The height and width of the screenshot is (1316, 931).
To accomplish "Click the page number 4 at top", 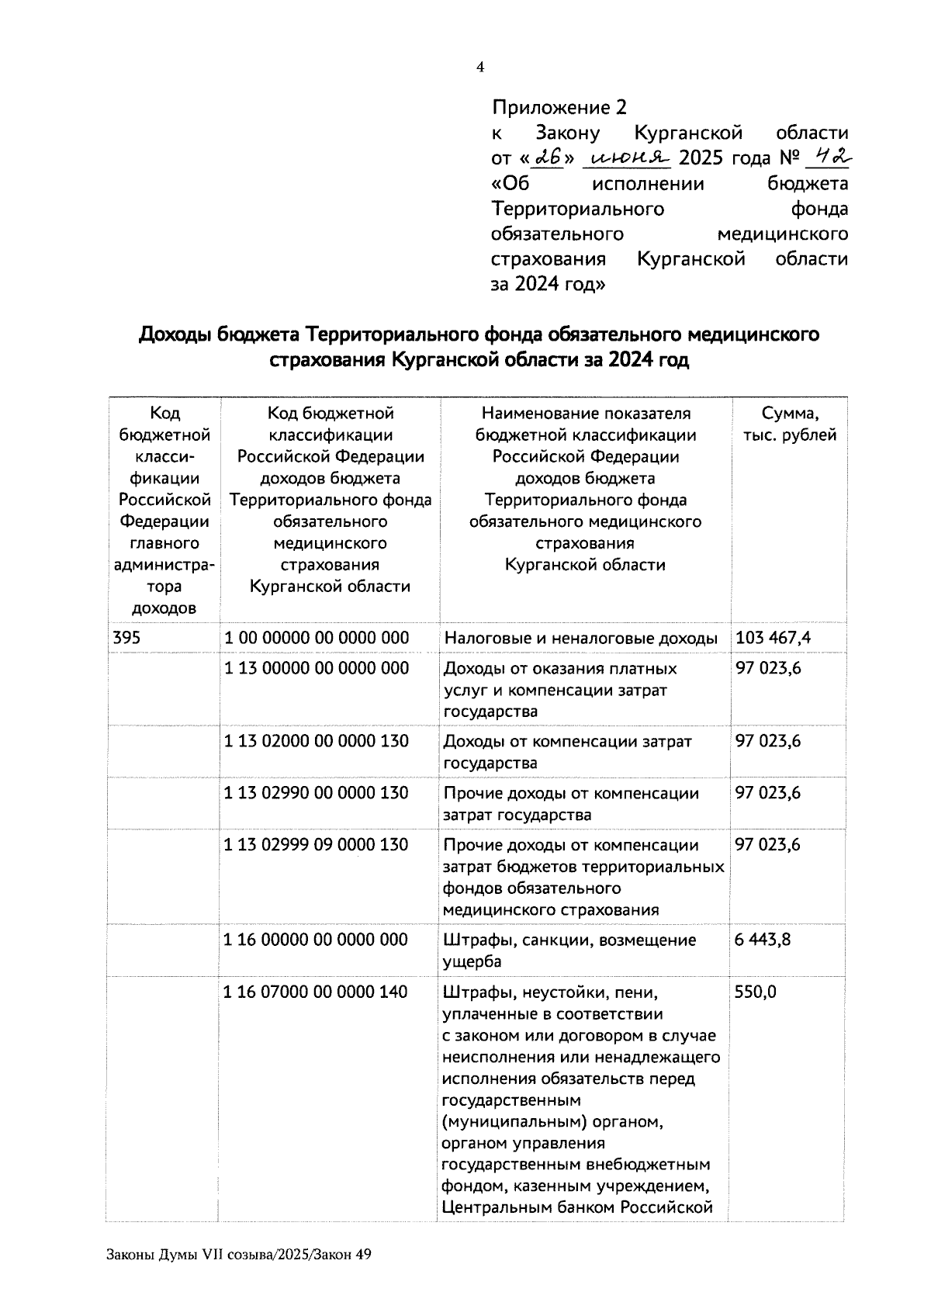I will click(479, 68).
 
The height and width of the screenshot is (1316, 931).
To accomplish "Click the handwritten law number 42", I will click(826, 157).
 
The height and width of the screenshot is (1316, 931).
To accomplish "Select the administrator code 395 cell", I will click(126, 638).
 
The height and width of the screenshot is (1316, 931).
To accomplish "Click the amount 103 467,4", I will click(774, 638).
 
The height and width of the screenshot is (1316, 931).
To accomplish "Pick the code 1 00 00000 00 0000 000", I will click(317, 638).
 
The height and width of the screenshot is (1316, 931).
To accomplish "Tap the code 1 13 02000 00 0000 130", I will click(317, 741).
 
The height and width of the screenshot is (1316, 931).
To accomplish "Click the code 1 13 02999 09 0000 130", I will click(317, 844).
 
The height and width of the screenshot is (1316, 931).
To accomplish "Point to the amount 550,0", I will click(755, 992).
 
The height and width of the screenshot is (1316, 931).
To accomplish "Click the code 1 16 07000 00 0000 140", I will click(316, 992).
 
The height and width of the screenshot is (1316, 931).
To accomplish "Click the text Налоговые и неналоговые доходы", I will click(580, 639).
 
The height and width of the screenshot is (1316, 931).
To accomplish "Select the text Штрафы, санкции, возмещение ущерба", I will click(569, 951).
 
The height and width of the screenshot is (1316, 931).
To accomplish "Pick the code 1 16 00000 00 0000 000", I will click(316, 940).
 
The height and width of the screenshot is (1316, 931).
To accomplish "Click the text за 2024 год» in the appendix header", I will click(548, 284).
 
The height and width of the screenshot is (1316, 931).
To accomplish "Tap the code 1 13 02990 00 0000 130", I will click(317, 793).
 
